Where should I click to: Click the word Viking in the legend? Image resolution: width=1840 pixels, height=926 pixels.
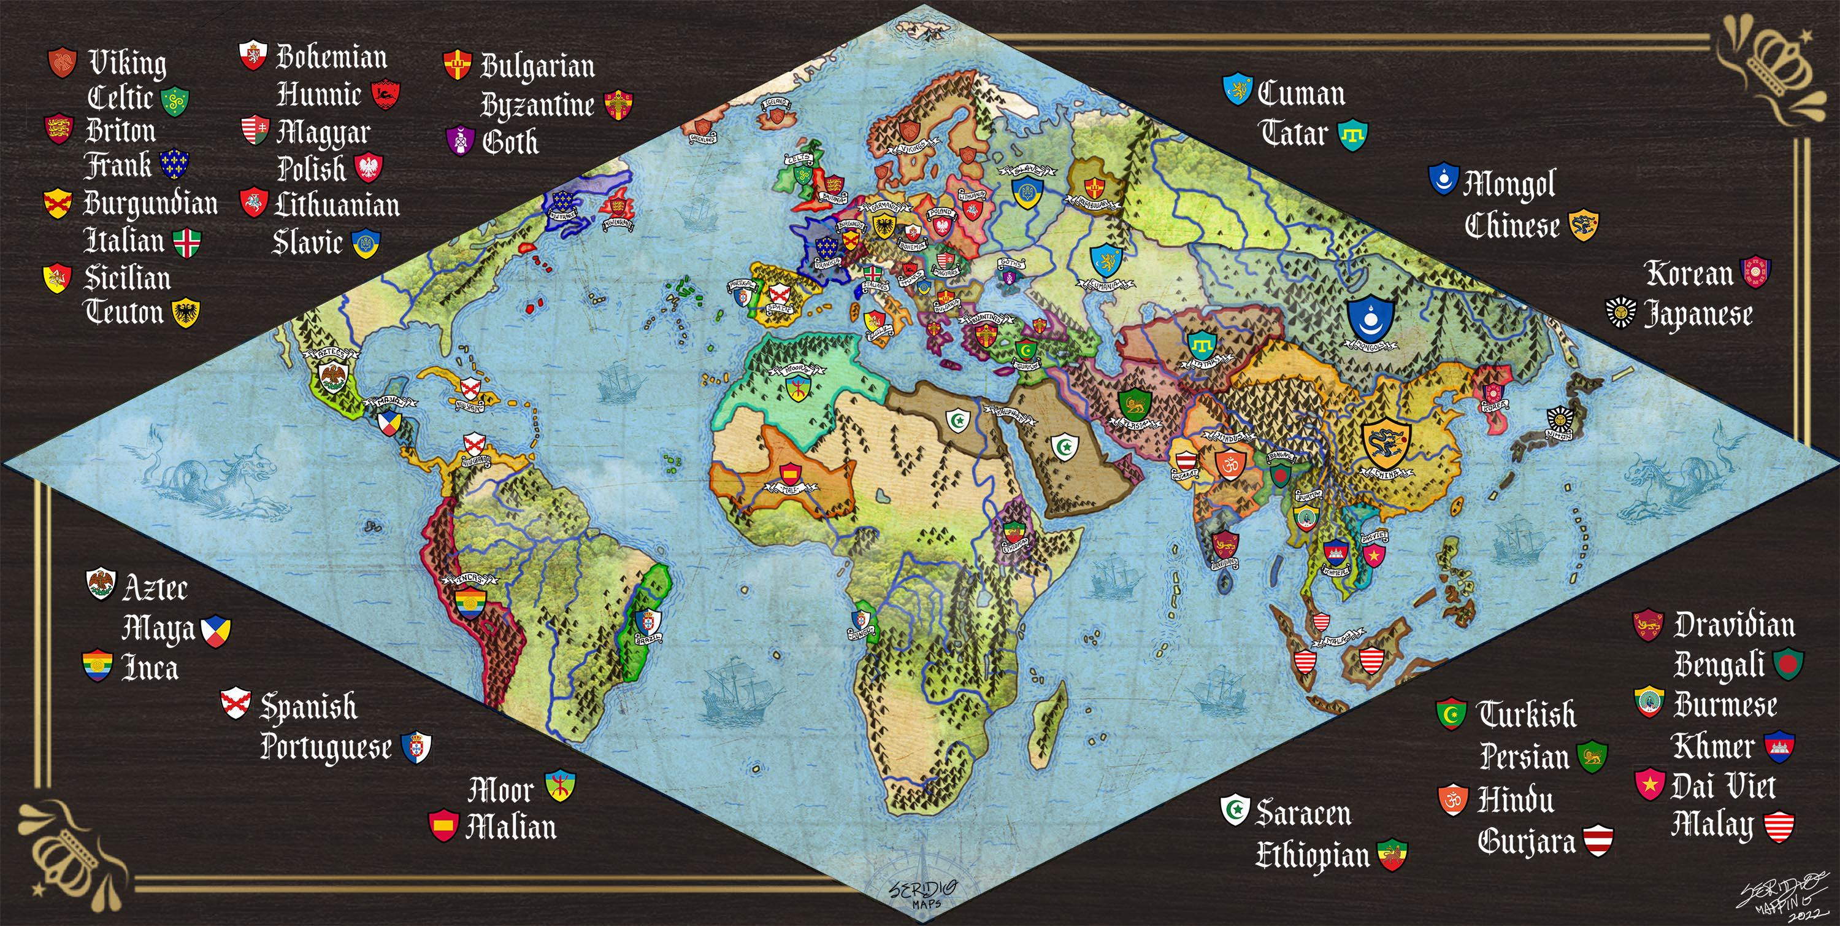(127, 63)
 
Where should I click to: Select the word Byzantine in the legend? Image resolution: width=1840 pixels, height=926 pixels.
(537, 106)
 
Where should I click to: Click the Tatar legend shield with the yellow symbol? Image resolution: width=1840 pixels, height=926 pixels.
(1352, 134)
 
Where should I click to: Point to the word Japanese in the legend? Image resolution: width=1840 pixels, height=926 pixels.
(1698, 314)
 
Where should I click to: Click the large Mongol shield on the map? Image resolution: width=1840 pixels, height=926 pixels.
(1371, 318)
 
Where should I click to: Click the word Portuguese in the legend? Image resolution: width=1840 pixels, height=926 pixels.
(326, 747)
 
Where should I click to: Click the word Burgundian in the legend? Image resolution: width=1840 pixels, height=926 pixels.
(151, 204)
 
